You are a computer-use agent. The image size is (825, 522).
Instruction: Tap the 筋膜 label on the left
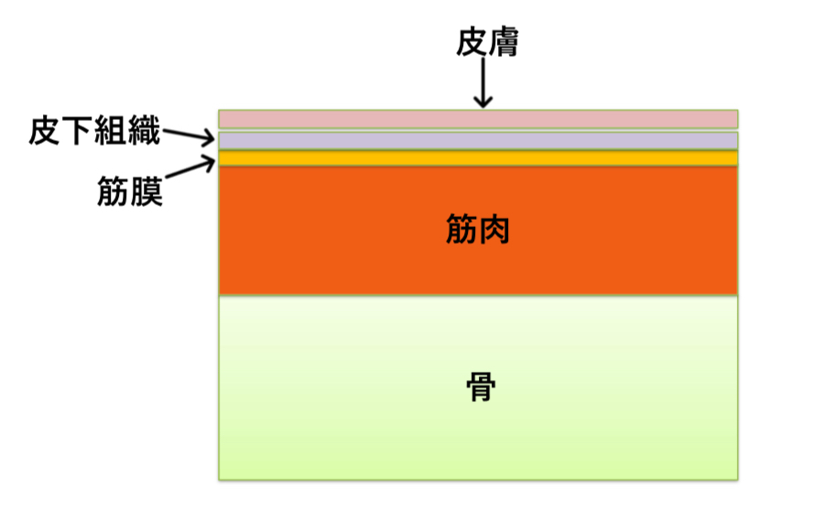130,191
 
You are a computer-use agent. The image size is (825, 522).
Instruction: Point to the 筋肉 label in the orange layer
477,229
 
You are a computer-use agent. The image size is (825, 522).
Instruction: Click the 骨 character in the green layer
480,386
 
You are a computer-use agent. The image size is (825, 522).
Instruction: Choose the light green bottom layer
366,430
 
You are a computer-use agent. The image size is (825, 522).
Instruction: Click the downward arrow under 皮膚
483,87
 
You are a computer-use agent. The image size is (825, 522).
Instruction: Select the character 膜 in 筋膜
147,191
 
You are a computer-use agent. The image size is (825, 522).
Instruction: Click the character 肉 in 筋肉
494,229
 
